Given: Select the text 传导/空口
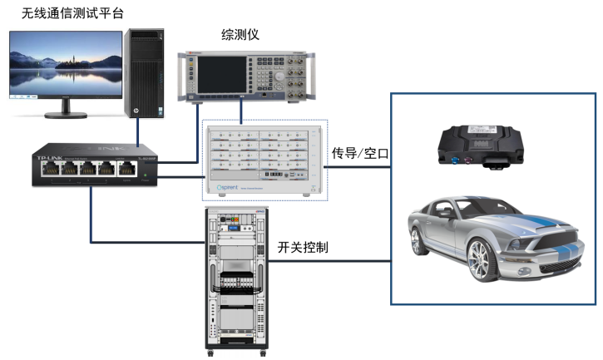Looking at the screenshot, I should click(x=360, y=154).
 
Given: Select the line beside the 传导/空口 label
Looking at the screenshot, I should click(x=358, y=166).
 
